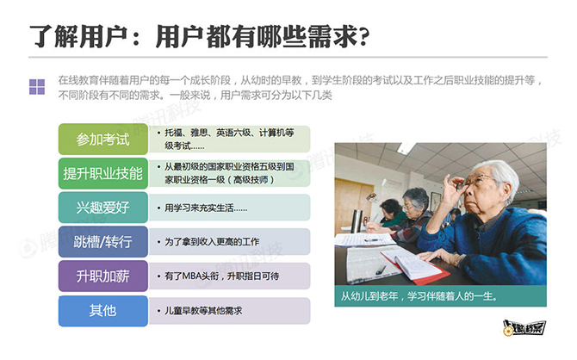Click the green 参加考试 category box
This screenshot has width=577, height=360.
103,140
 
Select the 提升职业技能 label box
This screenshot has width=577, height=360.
103,173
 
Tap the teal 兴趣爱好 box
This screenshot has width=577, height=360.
103,208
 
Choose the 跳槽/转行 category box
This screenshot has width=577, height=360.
103,242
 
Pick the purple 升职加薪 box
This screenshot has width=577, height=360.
103,276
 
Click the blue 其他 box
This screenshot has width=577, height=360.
103,311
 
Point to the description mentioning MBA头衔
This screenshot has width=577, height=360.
221,276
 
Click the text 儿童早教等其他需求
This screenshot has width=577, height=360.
203,311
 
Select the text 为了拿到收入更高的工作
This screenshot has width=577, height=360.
212,242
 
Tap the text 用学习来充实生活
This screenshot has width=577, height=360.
206,208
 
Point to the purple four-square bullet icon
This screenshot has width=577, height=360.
37,87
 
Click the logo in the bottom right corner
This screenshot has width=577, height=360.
524,327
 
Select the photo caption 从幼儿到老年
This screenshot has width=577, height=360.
419,296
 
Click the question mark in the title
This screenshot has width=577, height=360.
364,38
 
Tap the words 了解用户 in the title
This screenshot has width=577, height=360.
78,37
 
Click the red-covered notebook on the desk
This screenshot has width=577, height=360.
415,266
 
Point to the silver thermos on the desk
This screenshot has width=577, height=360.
357,220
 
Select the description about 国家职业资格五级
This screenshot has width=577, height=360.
229,173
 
